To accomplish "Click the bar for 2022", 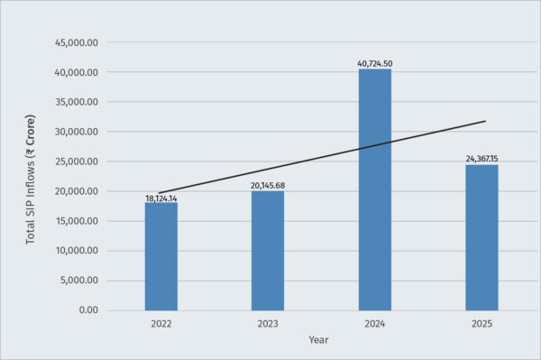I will click(x=161, y=255).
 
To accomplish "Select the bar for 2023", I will click(x=268, y=250).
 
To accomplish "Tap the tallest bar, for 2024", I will click(x=375, y=189).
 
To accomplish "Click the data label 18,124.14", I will click(x=161, y=198).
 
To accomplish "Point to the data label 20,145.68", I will click(x=268, y=186).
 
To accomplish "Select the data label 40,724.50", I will click(x=375, y=63).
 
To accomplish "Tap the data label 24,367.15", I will click(x=481, y=159).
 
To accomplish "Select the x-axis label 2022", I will click(x=161, y=322).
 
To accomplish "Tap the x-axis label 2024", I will click(x=375, y=322).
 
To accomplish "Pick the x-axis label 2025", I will click(x=481, y=322).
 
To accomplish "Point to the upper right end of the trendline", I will click(x=485, y=121).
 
